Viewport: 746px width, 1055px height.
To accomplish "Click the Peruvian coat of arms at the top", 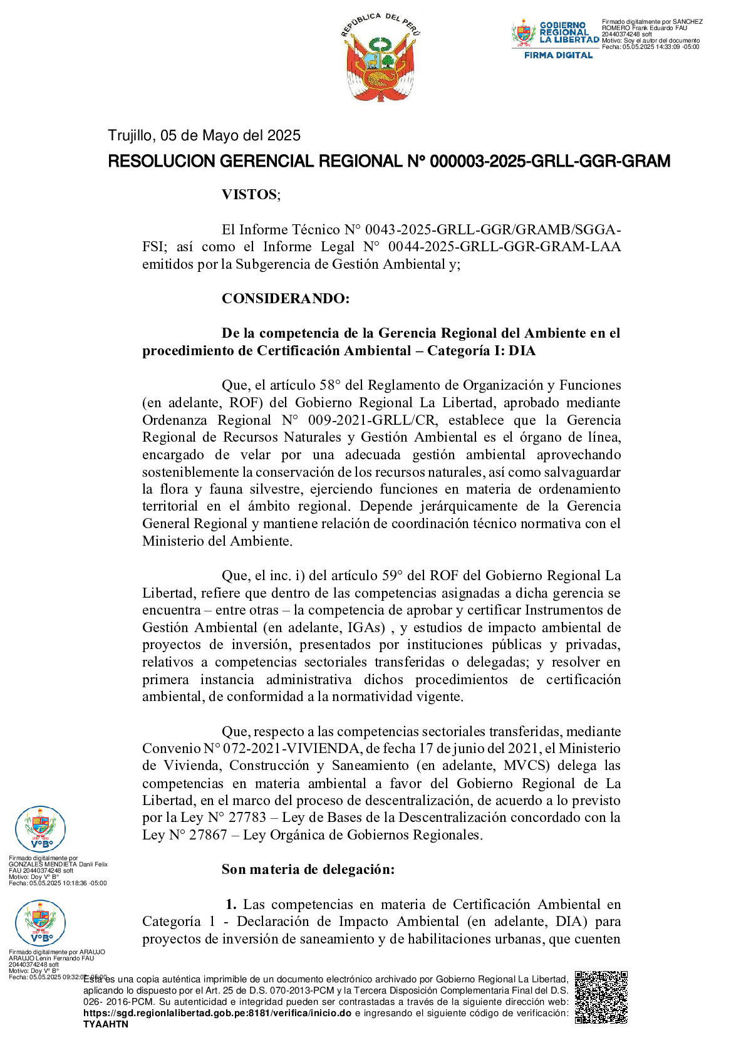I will tap(381, 60).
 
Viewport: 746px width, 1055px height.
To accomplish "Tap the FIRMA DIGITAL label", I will tap(558, 55).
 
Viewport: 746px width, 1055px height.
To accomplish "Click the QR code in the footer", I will tap(601, 997).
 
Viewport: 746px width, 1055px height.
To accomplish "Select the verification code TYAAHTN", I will tap(105, 1024).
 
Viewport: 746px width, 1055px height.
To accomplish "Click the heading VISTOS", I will tap(250, 194).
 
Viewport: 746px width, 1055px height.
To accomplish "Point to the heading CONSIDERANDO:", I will tap(285, 298).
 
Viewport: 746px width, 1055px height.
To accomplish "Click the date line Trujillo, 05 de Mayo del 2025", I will tap(204, 135).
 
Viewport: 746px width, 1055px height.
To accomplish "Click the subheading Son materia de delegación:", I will tap(308, 869).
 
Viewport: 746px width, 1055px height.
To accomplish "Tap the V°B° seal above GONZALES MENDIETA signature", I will tap(40, 829).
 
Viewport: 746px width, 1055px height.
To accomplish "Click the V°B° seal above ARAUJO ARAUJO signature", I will tap(40, 923).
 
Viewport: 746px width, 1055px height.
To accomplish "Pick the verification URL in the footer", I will tap(217, 1013).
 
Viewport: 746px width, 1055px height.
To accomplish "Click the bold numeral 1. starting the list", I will tap(231, 904).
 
